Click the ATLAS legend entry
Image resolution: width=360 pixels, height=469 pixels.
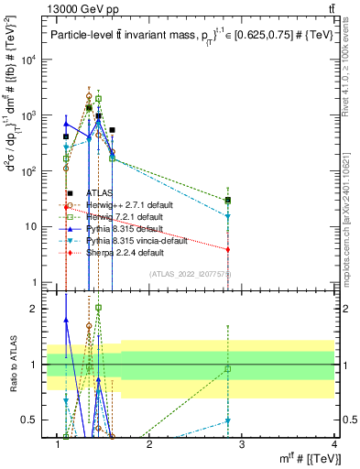(102, 193)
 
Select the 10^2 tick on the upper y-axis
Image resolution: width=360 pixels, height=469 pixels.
(27, 171)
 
